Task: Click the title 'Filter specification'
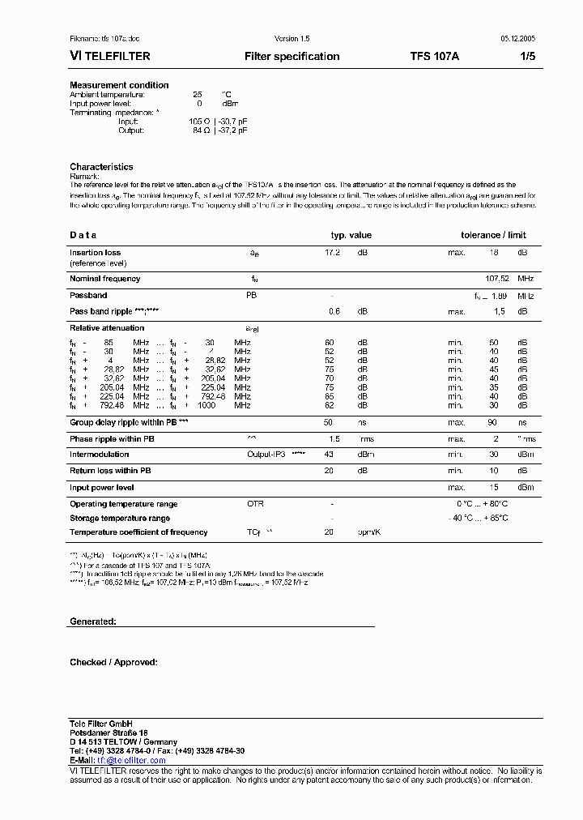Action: (x=291, y=57)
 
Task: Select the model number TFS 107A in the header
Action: (x=434, y=57)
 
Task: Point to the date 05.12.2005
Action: (x=513, y=38)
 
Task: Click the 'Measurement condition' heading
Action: (x=119, y=85)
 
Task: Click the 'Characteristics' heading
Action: (x=101, y=167)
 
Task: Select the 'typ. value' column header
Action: (x=351, y=235)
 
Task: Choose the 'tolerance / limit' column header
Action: (x=493, y=235)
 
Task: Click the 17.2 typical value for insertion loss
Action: (x=332, y=253)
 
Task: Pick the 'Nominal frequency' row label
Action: (x=104, y=279)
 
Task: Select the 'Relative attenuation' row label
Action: (x=107, y=328)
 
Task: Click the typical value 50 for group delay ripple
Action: (x=328, y=423)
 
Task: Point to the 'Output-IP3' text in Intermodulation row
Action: (x=266, y=455)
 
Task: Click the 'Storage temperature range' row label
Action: (x=120, y=519)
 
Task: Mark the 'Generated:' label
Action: (x=93, y=621)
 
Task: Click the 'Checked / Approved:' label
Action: (x=113, y=663)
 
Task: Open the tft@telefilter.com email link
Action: (x=131, y=760)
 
